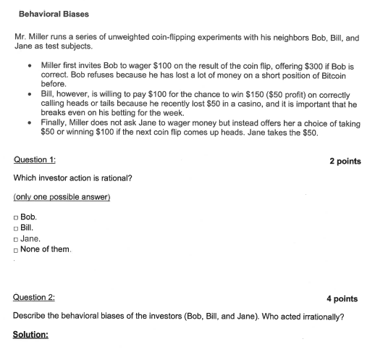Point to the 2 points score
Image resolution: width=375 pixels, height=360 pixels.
345,161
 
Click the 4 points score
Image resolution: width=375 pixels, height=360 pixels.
342,298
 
